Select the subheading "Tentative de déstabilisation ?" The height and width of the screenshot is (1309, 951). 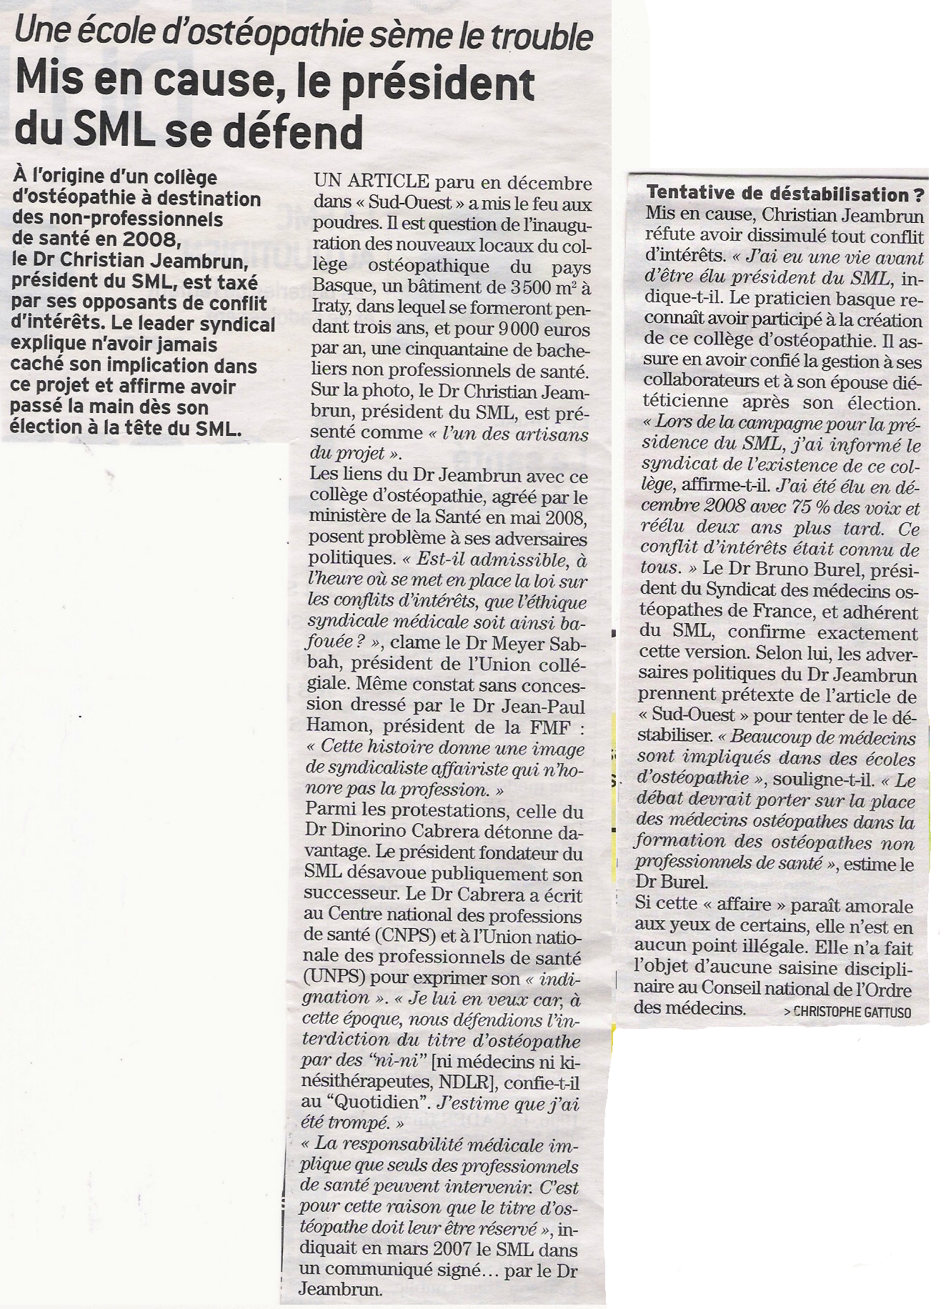785,194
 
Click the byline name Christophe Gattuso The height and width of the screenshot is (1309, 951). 852,1012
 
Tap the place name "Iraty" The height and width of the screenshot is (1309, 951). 331,309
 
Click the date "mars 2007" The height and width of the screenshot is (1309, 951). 423,1250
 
